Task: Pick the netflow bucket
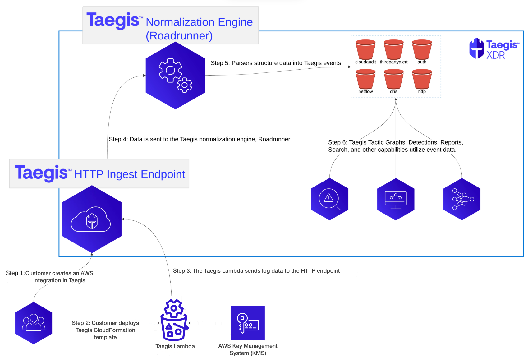tap(365, 79)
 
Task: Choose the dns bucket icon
tap(393, 79)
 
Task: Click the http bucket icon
tap(422, 79)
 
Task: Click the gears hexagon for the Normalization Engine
tap(175, 76)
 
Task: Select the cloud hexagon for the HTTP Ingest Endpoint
tap(92, 219)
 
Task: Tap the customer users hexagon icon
tap(34, 323)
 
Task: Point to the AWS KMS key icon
tap(248, 323)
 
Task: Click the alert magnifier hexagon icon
tap(329, 199)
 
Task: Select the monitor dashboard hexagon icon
tap(396, 199)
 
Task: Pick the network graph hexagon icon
tap(462, 199)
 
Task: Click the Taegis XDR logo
tap(494, 48)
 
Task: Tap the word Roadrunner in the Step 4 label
tap(274, 139)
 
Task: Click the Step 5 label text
tap(276, 63)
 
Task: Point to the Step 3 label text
tap(256, 271)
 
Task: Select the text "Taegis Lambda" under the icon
tap(175, 346)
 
